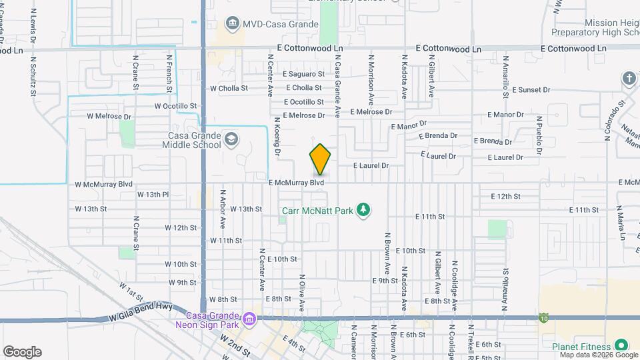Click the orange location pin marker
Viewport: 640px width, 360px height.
point(321,160)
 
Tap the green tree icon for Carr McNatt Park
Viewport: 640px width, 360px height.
point(363,211)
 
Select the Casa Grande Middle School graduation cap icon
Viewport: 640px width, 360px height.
point(231,139)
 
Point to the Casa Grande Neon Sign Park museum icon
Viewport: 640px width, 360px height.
point(249,320)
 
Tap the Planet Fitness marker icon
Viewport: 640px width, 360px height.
point(621,345)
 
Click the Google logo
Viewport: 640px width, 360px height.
point(22,352)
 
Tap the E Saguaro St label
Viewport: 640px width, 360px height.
point(303,74)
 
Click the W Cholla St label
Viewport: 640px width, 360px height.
point(229,88)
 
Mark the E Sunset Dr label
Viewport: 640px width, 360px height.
point(529,89)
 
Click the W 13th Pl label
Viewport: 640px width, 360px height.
point(153,195)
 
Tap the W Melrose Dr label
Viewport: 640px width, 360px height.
point(109,116)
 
